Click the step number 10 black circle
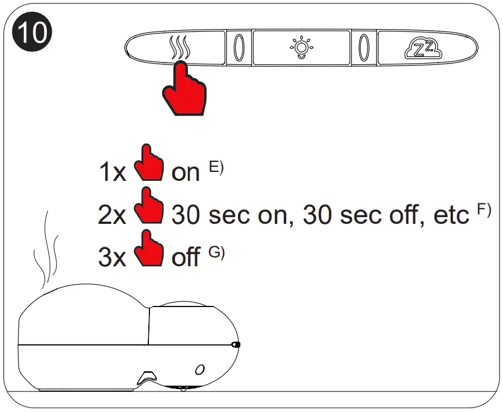[x=32, y=33]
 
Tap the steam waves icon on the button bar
[x=181, y=48]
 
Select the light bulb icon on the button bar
[x=301, y=47]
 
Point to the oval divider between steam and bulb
[x=239, y=48]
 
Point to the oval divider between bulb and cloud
[x=364, y=48]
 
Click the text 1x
[x=113, y=173]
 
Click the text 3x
[x=113, y=258]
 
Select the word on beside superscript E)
[x=185, y=173]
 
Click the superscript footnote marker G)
[x=216, y=252]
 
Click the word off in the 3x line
[x=186, y=258]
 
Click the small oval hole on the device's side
[x=200, y=369]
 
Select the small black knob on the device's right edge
[x=236, y=345]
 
